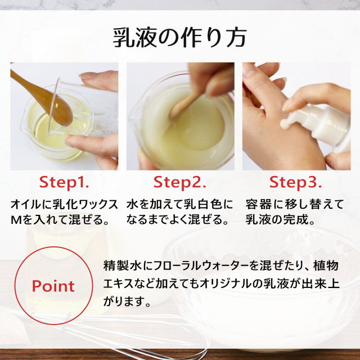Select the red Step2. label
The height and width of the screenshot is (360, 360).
[180, 182]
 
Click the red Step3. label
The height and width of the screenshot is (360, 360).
[296, 182]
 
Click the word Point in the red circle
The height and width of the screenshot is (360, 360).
[53, 286]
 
